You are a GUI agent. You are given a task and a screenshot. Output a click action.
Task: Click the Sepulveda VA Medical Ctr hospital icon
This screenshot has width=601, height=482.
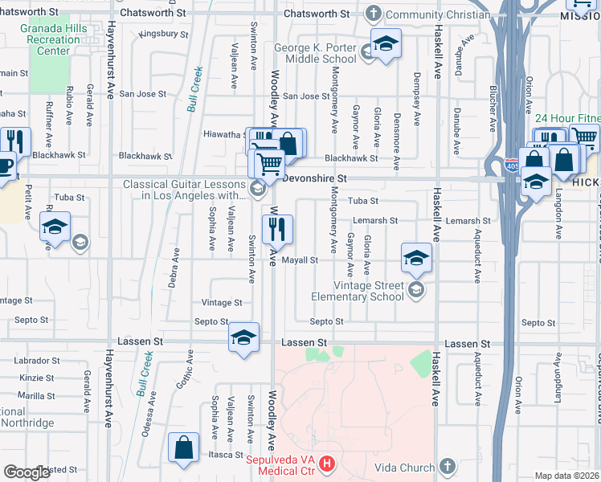[327, 464]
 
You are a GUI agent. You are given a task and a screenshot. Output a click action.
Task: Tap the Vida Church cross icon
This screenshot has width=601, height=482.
[448, 467]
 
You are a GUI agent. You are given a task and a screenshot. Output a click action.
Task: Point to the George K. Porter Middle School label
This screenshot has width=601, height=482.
[315, 53]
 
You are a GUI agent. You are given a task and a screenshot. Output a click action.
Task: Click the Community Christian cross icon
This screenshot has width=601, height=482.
[373, 14]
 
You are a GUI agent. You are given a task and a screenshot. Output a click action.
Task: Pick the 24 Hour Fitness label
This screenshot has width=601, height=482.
[567, 119]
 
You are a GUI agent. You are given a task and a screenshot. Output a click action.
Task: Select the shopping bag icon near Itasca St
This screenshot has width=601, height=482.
[184, 448]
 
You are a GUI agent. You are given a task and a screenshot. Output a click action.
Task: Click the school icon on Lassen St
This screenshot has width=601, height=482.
[243, 337]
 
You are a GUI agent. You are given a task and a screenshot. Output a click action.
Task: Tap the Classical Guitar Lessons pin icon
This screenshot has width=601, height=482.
[258, 189]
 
